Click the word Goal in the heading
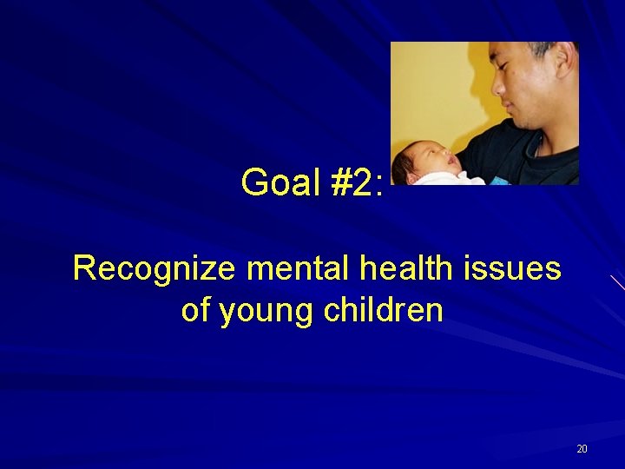279,182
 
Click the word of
196,309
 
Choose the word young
266,311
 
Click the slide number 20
582,449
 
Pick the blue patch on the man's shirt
502,181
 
